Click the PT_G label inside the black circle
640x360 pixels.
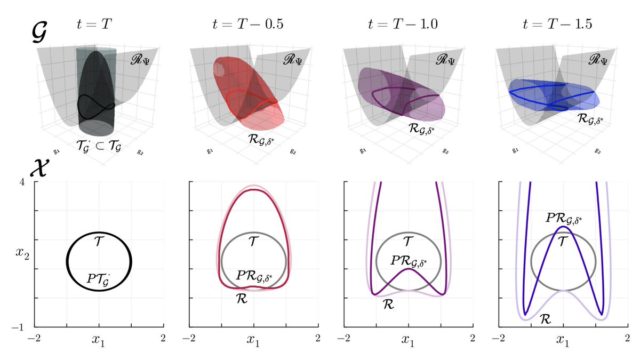point(100,278)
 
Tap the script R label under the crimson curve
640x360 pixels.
point(241,299)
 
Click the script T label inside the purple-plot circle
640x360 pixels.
point(408,242)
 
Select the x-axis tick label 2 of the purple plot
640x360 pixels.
point(473,337)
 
